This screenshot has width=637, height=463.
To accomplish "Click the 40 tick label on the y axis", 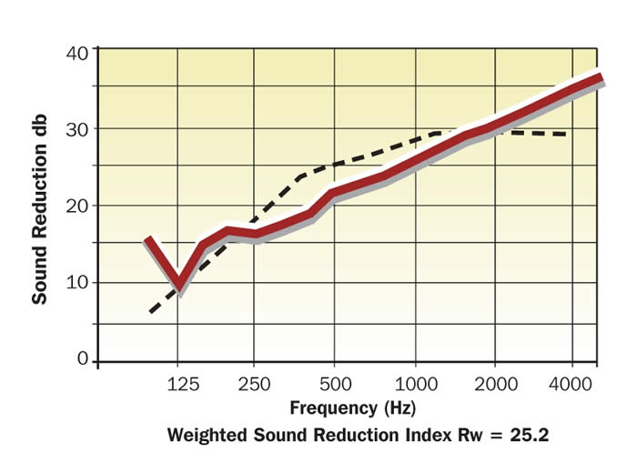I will click(76, 52).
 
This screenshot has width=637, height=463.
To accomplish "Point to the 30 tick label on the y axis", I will click(76, 128).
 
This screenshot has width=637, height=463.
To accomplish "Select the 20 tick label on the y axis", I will click(76, 206).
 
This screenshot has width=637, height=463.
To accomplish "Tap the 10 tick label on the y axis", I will click(76, 282).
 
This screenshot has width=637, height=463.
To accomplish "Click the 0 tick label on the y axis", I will click(82, 358).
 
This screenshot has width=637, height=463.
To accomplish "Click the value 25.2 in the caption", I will click(529, 435).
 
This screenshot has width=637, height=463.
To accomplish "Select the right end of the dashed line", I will click(568, 135).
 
